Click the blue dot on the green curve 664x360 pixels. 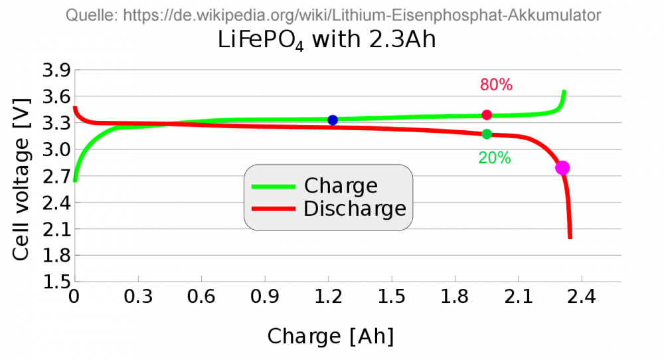coord(333,120)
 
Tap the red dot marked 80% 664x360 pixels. coord(487,115)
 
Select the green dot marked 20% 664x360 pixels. coord(487,134)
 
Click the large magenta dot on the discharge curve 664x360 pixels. coord(562,167)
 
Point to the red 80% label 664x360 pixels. coord(496,85)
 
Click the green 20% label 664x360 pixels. coord(495,158)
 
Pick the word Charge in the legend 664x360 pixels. coord(340,186)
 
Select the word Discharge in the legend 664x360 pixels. coord(354,209)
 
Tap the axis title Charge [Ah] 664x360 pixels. coord(331,337)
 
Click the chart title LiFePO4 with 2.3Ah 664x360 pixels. coord(327,41)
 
